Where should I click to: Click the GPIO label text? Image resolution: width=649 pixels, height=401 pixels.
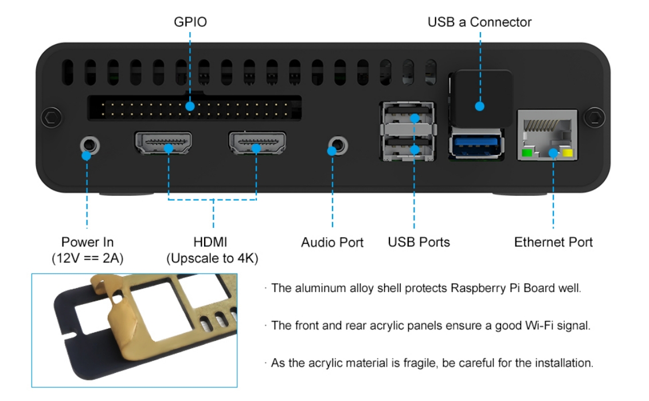(190, 22)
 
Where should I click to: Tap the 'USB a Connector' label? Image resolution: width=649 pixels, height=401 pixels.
(479, 22)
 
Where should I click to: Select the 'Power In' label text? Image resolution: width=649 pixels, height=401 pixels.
(87, 242)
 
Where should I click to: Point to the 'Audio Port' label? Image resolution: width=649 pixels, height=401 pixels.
(332, 242)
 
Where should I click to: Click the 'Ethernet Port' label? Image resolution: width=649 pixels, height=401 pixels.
(553, 242)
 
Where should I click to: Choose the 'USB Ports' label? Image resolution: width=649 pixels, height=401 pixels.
(419, 242)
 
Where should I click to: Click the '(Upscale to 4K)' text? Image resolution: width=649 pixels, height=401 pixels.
(212, 258)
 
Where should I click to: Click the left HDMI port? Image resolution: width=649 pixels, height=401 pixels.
(163, 143)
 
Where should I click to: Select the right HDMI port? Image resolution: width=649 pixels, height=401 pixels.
(257, 143)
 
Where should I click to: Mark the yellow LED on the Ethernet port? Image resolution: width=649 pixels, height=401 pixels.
(568, 153)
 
